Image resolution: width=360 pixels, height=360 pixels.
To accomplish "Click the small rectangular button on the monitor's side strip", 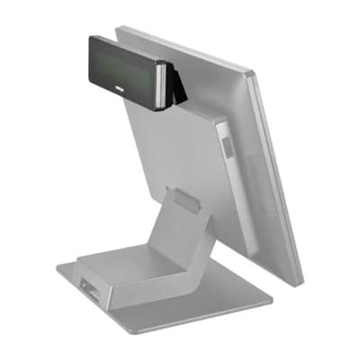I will [226, 143].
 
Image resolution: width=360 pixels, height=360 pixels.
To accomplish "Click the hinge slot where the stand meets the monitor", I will [185, 200].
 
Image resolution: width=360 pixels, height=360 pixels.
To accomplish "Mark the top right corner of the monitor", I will [255, 73].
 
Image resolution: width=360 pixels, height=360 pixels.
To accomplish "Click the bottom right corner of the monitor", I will [299, 283].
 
